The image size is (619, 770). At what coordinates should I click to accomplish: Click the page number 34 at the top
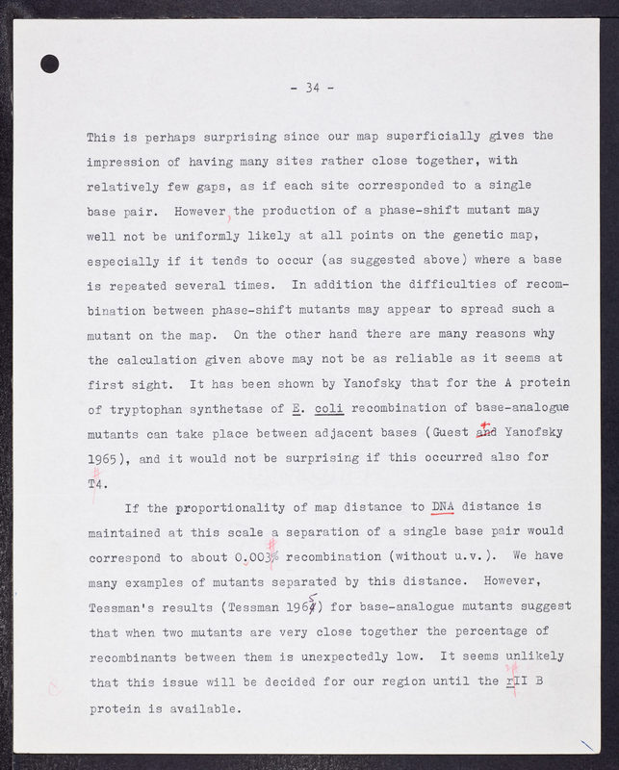point(311,88)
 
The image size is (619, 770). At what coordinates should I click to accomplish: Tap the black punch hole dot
point(50,64)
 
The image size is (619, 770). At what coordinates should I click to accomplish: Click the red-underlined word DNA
point(443,506)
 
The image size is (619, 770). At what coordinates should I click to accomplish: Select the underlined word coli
point(328,407)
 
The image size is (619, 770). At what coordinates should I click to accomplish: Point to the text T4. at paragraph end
point(96,483)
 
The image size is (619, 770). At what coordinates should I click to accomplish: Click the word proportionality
point(229,506)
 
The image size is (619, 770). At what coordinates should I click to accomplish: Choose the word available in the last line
point(198,707)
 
